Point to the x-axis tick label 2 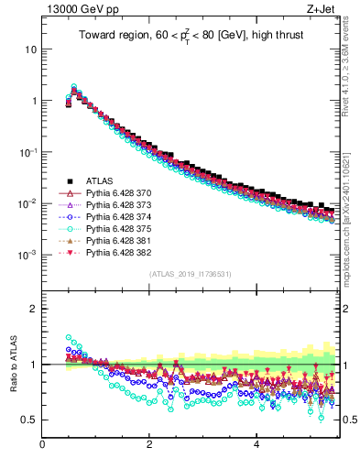(x=149, y=446)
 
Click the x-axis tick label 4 (x=256, y=446)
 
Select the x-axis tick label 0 (x=42, y=446)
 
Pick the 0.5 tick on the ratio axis (x=30, y=420)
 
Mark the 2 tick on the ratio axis (x=34, y=309)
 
